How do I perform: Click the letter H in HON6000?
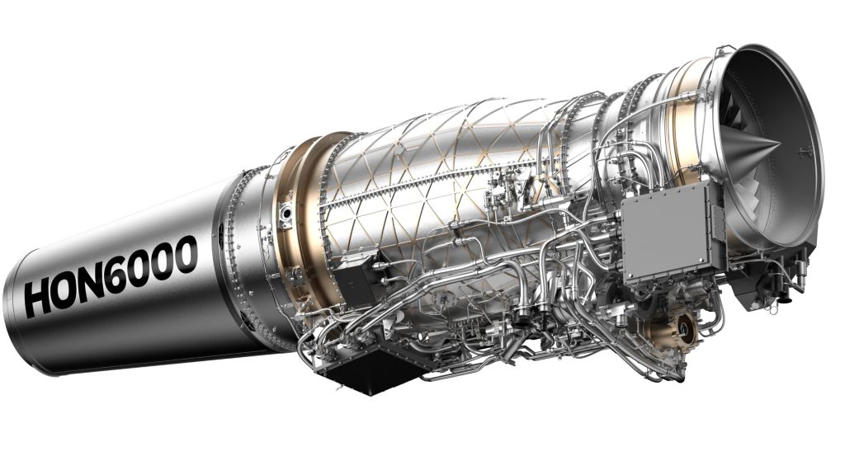[x=40, y=298]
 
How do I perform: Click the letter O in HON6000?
[x=68, y=289]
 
